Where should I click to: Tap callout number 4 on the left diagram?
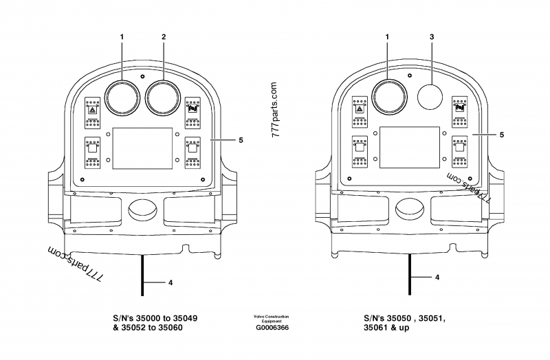pyautogui.click(x=170, y=282)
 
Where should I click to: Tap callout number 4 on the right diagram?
pyautogui.click(x=438, y=278)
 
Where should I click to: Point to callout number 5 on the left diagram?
pyautogui.click(x=241, y=140)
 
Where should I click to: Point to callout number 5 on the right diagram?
pyautogui.click(x=501, y=135)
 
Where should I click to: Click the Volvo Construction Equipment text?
pyautogui.click(x=272, y=319)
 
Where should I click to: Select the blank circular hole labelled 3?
pyautogui.click(x=430, y=98)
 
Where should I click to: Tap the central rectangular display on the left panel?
pyautogui.click(x=142, y=148)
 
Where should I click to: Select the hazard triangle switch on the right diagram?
pyautogui.click(x=359, y=109)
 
